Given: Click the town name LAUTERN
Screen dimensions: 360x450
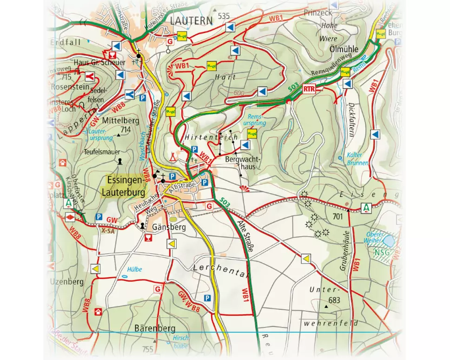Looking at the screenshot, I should pyautogui.click(x=191, y=20).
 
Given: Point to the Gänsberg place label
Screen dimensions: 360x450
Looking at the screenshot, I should pyautogui.click(x=169, y=227).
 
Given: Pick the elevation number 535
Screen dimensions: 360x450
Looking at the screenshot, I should pyautogui.click(x=224, y=16).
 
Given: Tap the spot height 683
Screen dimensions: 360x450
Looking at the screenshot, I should pyautogui.click(x=334, y=300).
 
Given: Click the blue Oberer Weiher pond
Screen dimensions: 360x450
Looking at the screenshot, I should pyautogui.click(x=388, y=240).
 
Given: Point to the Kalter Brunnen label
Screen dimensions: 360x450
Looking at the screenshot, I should pyautogui.click(x=357, y=159).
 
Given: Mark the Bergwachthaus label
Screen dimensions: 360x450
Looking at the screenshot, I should pyautogui.click(x=243, y=163).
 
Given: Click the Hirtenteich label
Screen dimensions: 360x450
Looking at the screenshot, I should pyautogui.click(x=211, y=137).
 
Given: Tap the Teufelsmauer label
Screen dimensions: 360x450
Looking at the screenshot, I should pyautogui.click(x=102, y=152).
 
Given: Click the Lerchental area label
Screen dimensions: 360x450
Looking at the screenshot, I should pyautogui.click(x=221, y=269).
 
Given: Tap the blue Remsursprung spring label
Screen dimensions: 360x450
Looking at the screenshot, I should pyautogui.click(x=257, y=120).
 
